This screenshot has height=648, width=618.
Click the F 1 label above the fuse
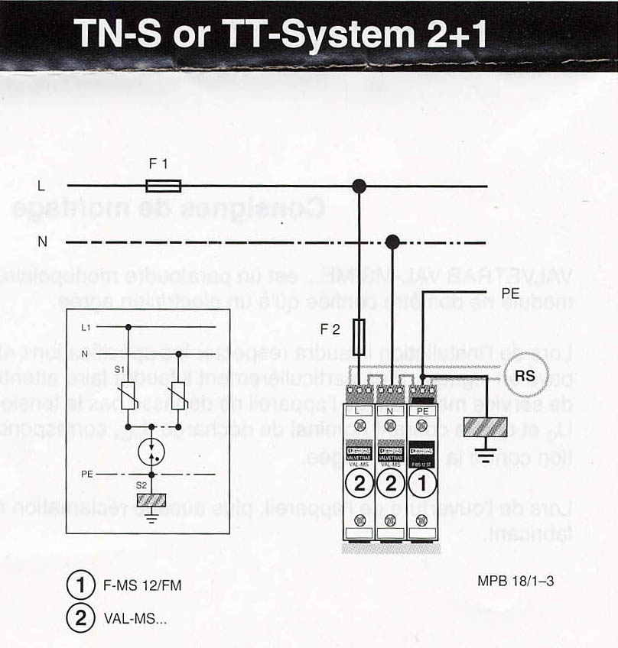(158, 164)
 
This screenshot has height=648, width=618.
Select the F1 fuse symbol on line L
(163, 186)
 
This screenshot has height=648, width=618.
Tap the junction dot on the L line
(358, 186)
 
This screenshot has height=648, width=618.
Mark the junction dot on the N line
(392, 242)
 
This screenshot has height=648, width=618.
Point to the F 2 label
(330, 329)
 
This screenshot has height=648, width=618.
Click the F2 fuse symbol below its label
(360, 334)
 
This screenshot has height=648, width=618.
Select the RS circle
(525, 376)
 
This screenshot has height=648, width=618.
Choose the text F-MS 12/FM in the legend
(137, 586)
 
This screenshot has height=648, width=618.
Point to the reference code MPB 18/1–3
(516, 582)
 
